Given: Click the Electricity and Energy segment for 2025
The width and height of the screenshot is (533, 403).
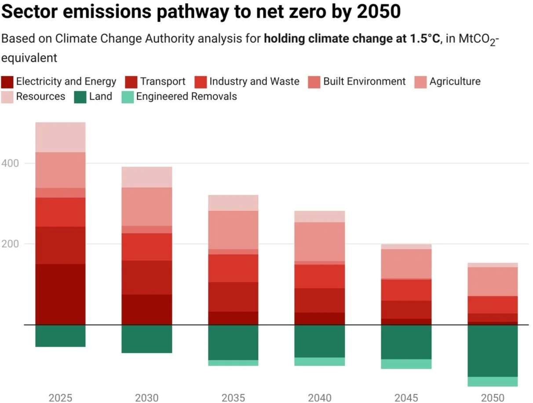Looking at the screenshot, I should coord(60,294).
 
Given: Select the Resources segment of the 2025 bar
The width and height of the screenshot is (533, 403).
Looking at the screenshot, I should coord(60,137).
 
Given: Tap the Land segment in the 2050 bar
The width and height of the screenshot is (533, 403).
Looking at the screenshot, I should coord(493,351).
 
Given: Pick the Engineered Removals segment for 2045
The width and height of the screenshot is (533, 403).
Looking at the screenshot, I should coord(406,364).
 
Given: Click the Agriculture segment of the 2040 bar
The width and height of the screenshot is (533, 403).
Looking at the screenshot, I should coord(320,241).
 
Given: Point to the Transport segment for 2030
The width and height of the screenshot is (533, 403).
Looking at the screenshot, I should coord(147,277).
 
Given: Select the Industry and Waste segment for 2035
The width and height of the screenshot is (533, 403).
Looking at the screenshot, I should coord(233,268).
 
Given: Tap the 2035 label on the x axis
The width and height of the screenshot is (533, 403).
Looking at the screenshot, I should coord(233,398).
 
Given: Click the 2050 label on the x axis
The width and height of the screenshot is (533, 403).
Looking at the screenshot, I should coord(493,398).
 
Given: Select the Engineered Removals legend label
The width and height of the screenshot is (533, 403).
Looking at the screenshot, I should coord(186,96).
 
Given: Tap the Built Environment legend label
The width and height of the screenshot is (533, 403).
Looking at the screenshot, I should coord(364,81).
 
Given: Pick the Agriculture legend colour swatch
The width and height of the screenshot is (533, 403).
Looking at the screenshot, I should coord(421,82).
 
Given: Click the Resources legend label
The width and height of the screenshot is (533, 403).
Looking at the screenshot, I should coord(40,96).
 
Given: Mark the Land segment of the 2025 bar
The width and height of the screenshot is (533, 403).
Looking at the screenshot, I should coord(60,336).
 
